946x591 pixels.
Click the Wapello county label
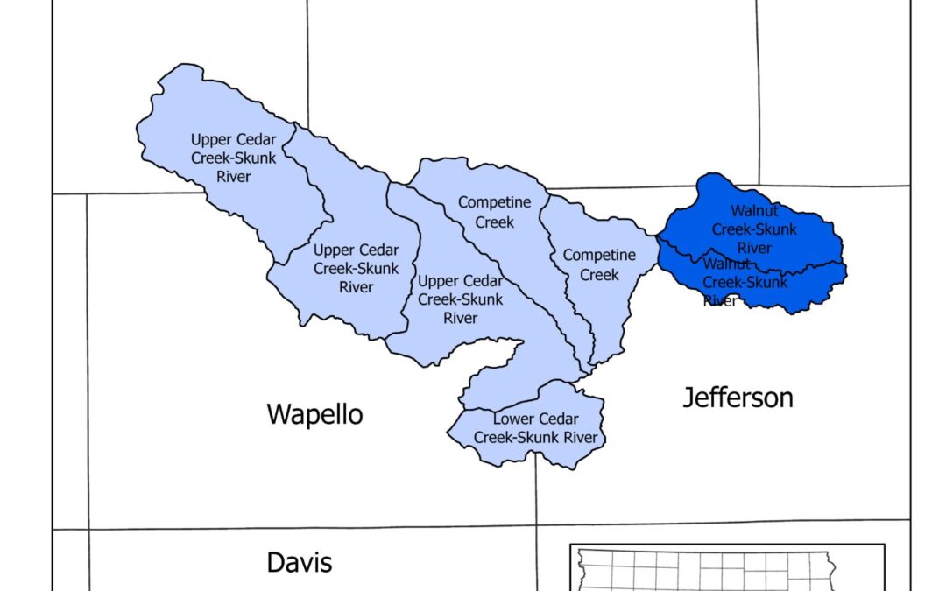click(314, 414)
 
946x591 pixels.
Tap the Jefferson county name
click(738, 398)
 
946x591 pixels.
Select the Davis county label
click(300, 562)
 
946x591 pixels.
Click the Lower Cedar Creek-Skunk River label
click(535, 428)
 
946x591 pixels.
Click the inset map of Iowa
click(727, 570)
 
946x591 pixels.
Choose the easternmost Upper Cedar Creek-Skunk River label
click(460, 299)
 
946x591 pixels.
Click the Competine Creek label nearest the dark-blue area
click(599, 264)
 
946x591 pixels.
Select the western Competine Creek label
click(494, 212)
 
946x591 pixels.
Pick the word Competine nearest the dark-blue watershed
click(599, 255)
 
